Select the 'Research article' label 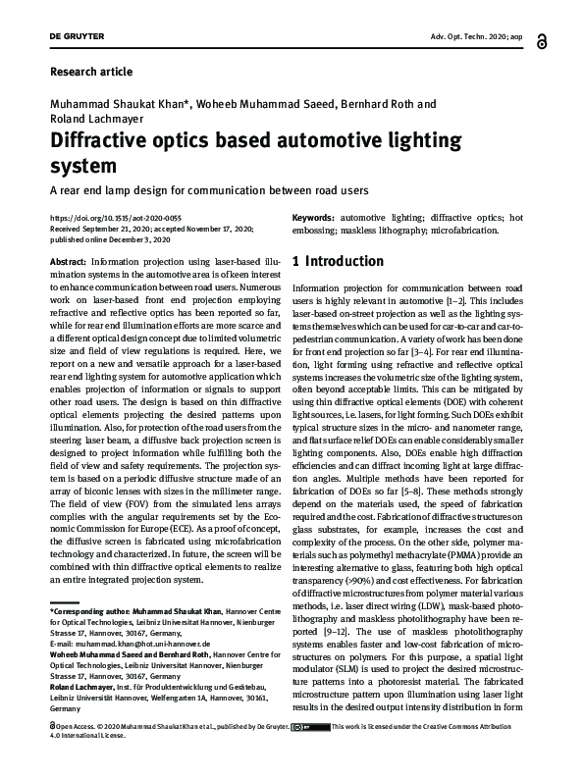coord(89,72)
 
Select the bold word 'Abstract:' coord(67,263)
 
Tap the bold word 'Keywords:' coord(313,217)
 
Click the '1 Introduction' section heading coord(339,262)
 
